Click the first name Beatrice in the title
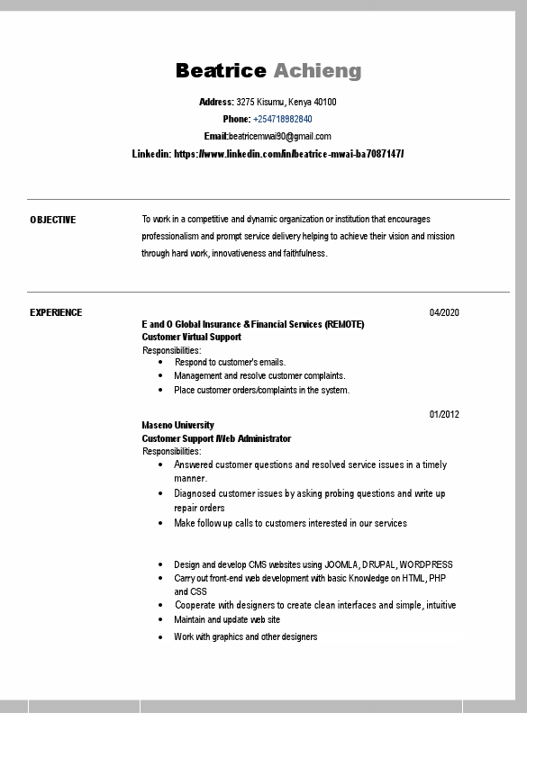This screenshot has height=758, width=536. click(221, 71)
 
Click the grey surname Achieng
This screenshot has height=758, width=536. click(317, 71)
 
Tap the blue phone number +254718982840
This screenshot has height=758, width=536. click(283, 119)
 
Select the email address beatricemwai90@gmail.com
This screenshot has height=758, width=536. click(279, 136)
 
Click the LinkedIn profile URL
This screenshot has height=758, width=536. click(288, 154)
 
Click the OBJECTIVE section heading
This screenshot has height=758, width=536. click(53, 220)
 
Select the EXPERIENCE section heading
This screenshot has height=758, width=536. click(56, 312)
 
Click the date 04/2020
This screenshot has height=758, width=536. click(444, 312)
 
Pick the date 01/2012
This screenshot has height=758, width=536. click(444, 415)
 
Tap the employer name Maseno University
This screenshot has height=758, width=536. click(177, 425)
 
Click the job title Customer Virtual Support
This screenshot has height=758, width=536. click(191, 337)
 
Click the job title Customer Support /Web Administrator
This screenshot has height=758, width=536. click(216, 438)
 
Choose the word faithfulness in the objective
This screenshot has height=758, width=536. click(303, 254)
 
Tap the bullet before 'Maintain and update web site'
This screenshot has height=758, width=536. click(160, 619)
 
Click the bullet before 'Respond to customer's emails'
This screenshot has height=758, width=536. click(160, 362)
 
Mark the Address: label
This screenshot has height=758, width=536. click(216, 102)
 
